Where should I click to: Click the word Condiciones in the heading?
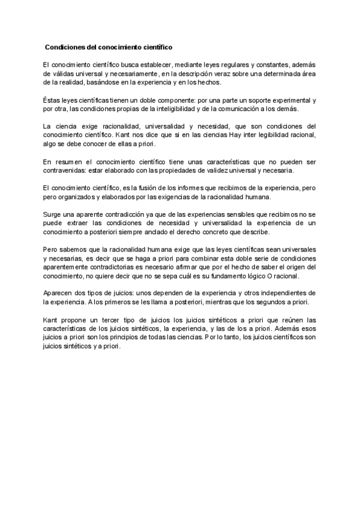pyautogui.click(x=65, y=46)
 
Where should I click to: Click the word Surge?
pyautogui.click(x=52, y=215)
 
